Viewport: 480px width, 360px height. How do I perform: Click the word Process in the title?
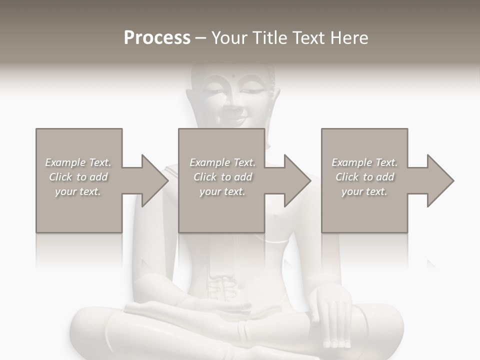pos(157,37)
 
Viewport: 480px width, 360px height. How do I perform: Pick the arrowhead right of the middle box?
pos(297,180)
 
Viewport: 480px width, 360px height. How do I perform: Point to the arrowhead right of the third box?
pos(439,180)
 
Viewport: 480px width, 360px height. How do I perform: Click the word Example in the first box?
pos(65,162)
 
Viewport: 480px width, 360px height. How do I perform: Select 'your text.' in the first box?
pos(78,191)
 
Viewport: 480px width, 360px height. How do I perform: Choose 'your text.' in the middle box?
pos(222,191)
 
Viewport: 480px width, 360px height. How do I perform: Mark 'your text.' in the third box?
pos(364,191)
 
